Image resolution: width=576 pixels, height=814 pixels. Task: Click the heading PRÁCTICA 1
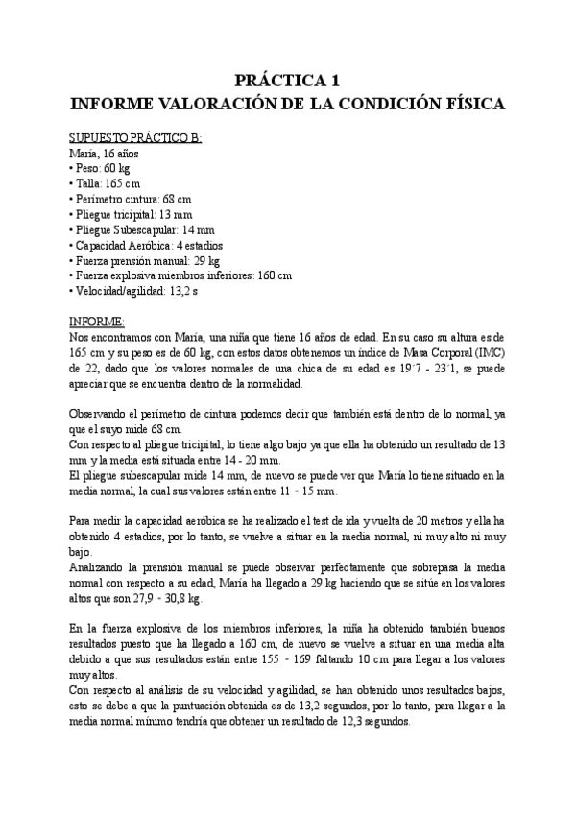click(x=288, y=81)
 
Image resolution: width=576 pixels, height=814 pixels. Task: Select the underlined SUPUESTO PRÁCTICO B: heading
click(x=136, y=137)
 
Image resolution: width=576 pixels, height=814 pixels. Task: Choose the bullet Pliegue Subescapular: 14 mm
click(x=137, y=229)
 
